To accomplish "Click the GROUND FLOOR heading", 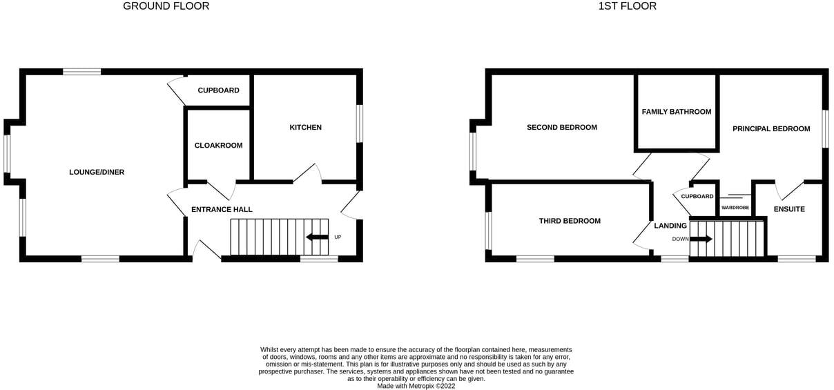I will [166, 6].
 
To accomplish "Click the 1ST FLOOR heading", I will [627, 6].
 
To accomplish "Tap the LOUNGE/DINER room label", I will [97, 172].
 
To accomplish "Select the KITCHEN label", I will [305, 127].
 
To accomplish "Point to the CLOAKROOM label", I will [218, 145].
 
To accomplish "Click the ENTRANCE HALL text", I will [222, 209].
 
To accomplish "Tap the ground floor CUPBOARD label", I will [218, 90].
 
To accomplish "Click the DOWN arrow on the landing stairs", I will [700, 239].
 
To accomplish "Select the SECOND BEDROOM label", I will [561, 127].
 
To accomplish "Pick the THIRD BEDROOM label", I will [570, 221].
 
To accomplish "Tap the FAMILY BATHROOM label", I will [676, 112].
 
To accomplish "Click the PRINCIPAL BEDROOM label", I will [770, 128].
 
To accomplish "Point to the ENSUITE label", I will [788, 209].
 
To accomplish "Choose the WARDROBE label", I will [735, 207].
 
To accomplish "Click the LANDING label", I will [670, 226].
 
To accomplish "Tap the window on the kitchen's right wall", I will [359, 124].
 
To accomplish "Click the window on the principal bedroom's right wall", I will [824, 128].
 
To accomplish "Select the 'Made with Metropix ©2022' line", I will [416, 386].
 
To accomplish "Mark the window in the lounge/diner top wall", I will [82, 72].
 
